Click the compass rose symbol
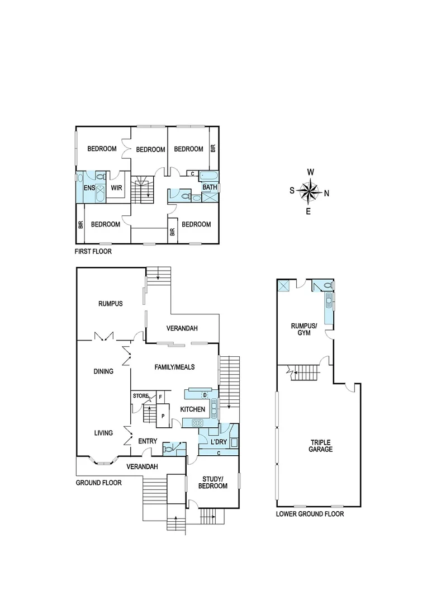(309, 191)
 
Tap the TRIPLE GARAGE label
(321, 445)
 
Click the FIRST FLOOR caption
(93, 252)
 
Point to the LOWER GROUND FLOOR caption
(310, 514)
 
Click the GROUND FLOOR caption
(98, 482)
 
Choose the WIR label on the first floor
(116, 188)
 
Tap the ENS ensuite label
(89, 188)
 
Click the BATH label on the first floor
(210, 187)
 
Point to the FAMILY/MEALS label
(174, 367)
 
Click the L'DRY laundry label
(218, 442)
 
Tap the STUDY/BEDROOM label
(212, 483)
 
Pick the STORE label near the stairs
(140, 396)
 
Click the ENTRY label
(148, 441)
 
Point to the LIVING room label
(104, 432)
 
